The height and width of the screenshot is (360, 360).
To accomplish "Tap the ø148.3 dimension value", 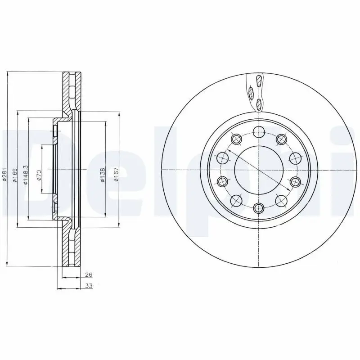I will [26, 173].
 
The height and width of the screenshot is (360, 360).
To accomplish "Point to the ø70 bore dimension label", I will [39, 175].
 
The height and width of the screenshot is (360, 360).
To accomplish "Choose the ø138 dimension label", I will [103, 175].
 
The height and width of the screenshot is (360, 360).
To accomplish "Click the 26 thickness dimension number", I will [88, 274].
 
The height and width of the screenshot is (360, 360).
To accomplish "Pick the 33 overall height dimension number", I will [88, 286].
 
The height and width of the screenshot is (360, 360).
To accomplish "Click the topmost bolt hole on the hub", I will [259, 131].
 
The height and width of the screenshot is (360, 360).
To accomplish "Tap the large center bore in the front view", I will [259, 170].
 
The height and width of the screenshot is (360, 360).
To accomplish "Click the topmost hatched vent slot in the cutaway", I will [258, 81].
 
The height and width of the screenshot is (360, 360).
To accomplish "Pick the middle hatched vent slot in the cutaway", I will [252, 93].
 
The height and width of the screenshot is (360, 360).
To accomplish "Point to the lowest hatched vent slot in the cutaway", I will [259, 105].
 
